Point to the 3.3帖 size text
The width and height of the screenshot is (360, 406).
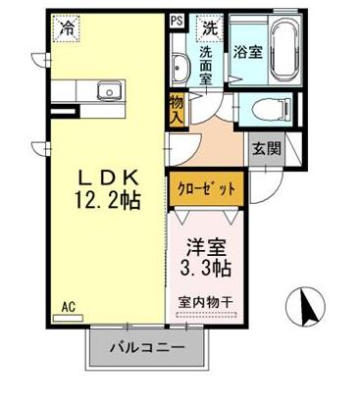pyautogui.click(x=206, y=267)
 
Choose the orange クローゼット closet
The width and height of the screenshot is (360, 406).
pyautogui.click(x=206, y=188)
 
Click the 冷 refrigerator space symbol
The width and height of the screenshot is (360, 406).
pyautogui.click(x=66, y=29)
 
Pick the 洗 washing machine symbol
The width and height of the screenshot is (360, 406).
pyautogui.click(x=208, y=27)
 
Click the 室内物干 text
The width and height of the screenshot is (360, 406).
pyautogui.click(x=207, y=301)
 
